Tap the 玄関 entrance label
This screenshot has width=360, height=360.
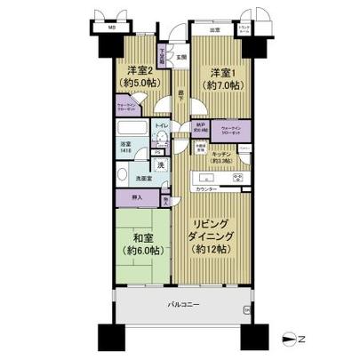[181, 58]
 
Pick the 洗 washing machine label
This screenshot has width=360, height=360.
[160, 165]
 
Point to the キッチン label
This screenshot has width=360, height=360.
[222, 153]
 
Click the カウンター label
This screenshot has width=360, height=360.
[207, 189]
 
